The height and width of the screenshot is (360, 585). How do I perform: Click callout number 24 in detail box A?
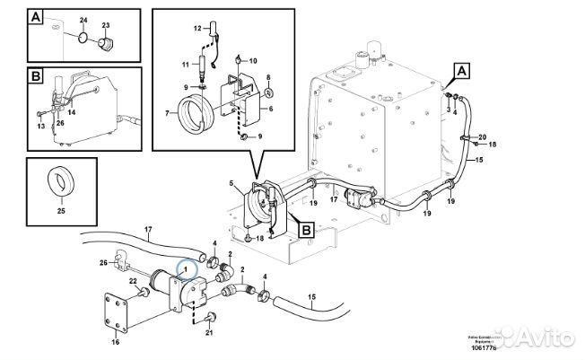coord(83,19)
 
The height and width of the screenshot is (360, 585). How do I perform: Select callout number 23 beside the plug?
coord(105,25)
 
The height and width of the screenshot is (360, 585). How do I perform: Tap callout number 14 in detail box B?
coord(71,114)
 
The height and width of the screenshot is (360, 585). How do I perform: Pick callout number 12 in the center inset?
coord(199,31)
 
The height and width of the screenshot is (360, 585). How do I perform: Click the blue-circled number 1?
coord(187,266)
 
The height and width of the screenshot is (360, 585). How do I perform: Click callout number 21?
coord(210,334)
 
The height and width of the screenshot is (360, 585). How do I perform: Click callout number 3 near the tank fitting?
coord(448,109)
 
